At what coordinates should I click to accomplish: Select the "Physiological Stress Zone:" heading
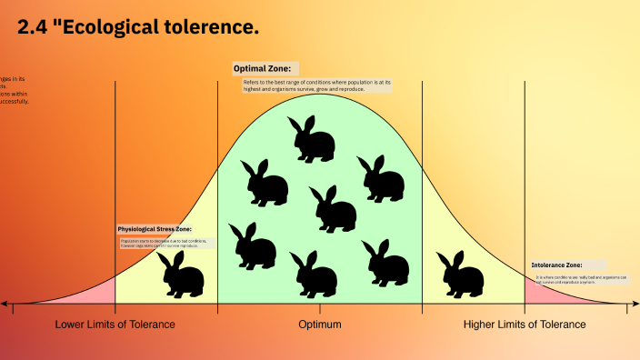click(x=155, y=229)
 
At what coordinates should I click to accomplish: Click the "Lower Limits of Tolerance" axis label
click(x=115, y=325)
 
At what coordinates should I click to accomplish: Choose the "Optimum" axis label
click(x=320, y=325)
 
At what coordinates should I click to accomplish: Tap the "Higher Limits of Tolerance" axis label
click(x=525, y=325)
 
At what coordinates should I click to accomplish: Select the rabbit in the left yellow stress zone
click(x=181, y=274)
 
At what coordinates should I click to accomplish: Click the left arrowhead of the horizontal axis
click(x=5, y=304)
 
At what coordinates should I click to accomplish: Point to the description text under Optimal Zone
click(x=317, y=85)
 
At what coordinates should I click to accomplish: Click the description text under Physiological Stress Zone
click(x=165, y=243)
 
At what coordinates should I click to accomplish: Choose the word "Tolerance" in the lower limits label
click(x=150, y=325)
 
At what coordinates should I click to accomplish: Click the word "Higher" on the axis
click(x=482, y=325)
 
